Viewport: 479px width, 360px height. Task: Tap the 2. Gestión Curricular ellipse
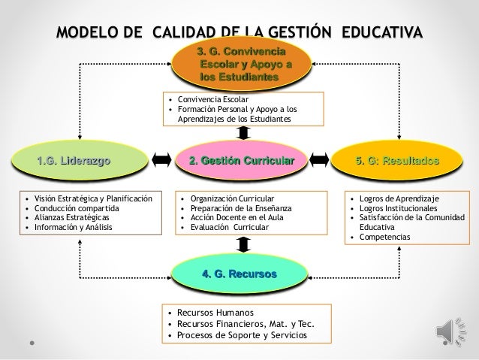coord(242,160)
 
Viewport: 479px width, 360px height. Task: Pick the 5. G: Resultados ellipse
coord(398,160)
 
